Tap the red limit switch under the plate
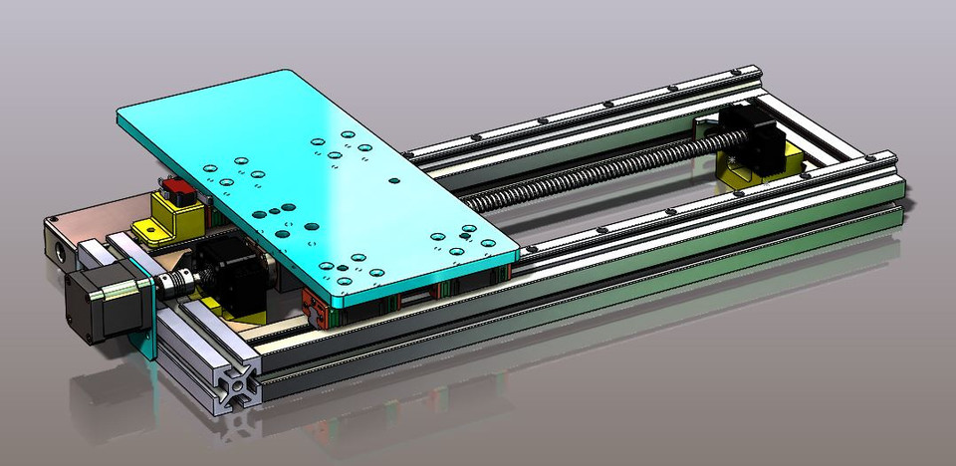[x=179, y=186]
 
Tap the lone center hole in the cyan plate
[x=395, y=181]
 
